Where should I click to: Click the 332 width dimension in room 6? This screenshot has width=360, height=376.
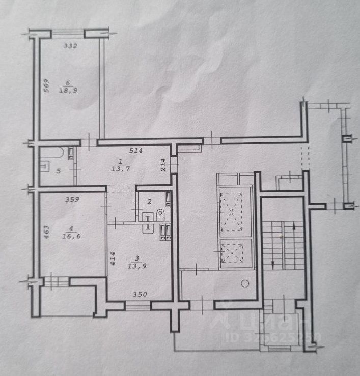pos(70,46)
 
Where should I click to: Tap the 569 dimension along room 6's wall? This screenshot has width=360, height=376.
pos(45,85)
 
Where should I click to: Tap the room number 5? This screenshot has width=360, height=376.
pos(58,171)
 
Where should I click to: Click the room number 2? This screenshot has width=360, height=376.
pos(149,202)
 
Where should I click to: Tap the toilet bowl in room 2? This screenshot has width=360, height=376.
pos(160,214)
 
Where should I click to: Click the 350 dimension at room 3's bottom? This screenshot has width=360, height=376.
pos(140,294)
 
